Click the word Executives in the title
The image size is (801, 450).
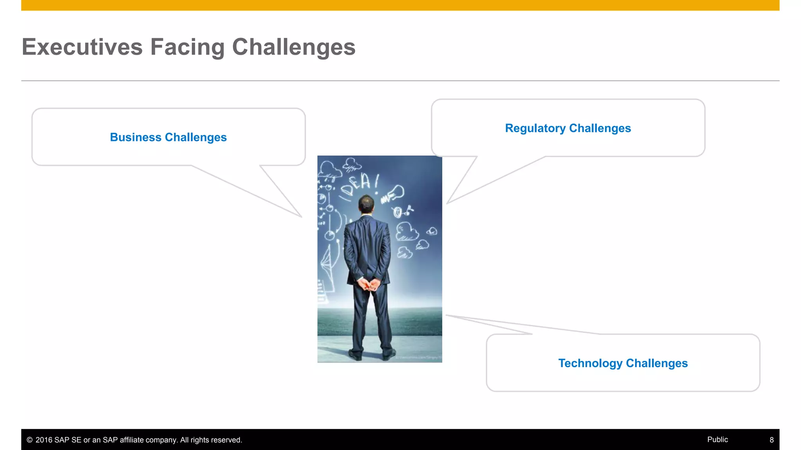pos(82,47)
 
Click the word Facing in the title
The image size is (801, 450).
pos(187,47)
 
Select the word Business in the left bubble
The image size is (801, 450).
pos(135,137)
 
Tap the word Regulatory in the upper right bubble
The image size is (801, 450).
pos(535,128)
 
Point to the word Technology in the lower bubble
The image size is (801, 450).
pos(590,363)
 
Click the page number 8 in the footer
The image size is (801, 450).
pos(771,440)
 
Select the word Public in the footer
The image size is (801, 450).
pos(717,439)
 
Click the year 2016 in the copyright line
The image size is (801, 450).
pos(44,440)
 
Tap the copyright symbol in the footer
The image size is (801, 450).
pos(30,440)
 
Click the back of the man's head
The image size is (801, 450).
pos(366,204)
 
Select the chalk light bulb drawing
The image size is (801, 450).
pos(396,193)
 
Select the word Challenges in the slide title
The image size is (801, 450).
pos(293,47)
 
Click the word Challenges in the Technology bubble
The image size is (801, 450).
pos(657,363)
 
